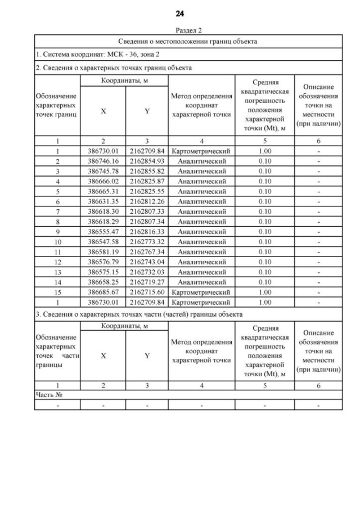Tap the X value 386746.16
[103, 161]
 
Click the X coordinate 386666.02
[103, 181]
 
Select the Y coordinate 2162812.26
[147, 201]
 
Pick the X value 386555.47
[103, 231]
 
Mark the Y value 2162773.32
[147, 242]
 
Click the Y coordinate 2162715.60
[147, 292]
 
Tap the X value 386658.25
[103, 282]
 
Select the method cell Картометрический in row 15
[202, 292]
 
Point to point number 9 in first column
[57, 231]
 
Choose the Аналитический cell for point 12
[202, 262]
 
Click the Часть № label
[49, 395]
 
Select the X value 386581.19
[103, 252]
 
